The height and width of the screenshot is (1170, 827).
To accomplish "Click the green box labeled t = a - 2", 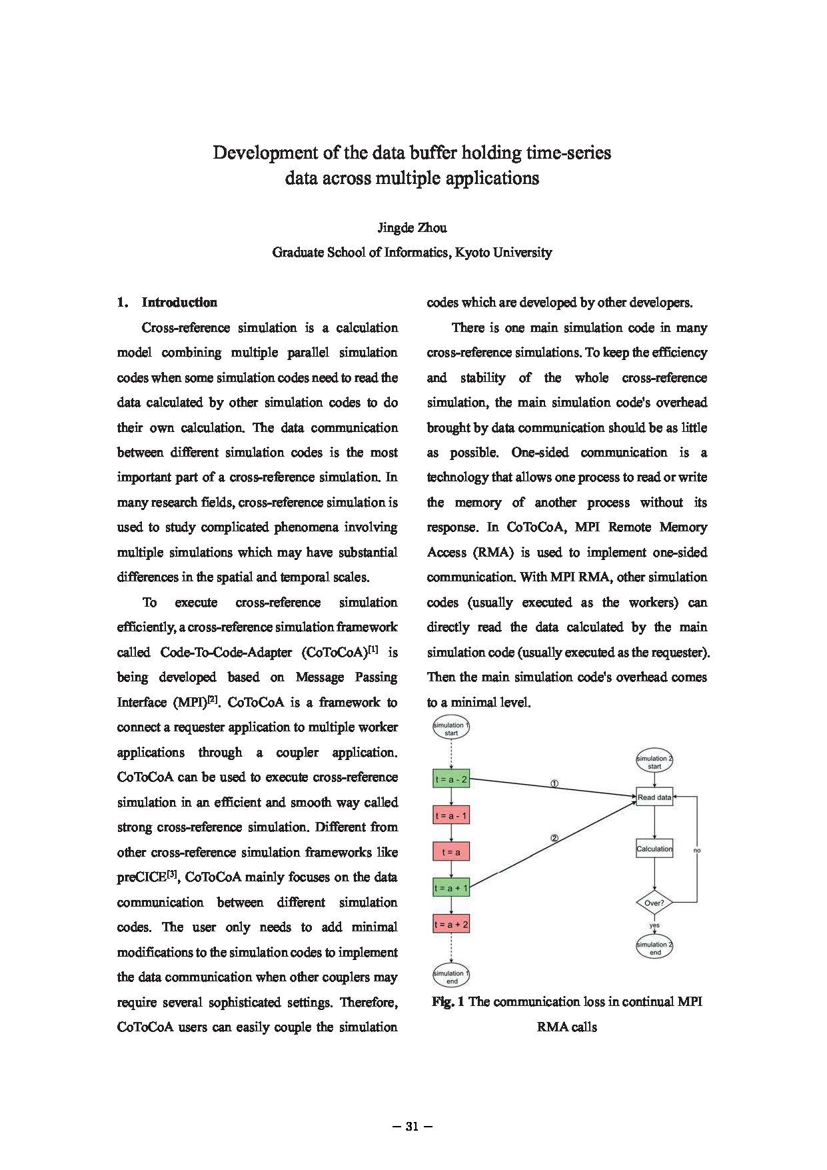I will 451,779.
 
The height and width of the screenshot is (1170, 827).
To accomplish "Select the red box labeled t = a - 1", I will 451,815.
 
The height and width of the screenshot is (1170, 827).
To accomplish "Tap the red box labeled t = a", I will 451,851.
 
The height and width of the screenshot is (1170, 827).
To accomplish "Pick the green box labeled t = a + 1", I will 451,888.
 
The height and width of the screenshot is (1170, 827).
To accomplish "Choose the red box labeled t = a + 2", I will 451,924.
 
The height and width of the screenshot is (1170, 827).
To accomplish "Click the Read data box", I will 654,797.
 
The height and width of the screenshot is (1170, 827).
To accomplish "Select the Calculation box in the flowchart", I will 654,849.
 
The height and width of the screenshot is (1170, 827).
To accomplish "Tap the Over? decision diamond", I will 654,903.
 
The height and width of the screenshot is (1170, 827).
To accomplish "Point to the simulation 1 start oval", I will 451,729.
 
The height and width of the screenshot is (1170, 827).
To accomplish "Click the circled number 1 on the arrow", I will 554,783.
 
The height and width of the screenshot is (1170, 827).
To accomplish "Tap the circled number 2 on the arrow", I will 554,839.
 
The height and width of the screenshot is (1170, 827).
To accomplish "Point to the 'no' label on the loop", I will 697,851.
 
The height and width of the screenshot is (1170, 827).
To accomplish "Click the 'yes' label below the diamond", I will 654,925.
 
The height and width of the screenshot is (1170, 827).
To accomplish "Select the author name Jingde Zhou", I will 413,228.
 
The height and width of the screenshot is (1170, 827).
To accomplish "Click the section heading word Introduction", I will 179,303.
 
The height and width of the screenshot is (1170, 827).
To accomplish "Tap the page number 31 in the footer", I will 413,1127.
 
